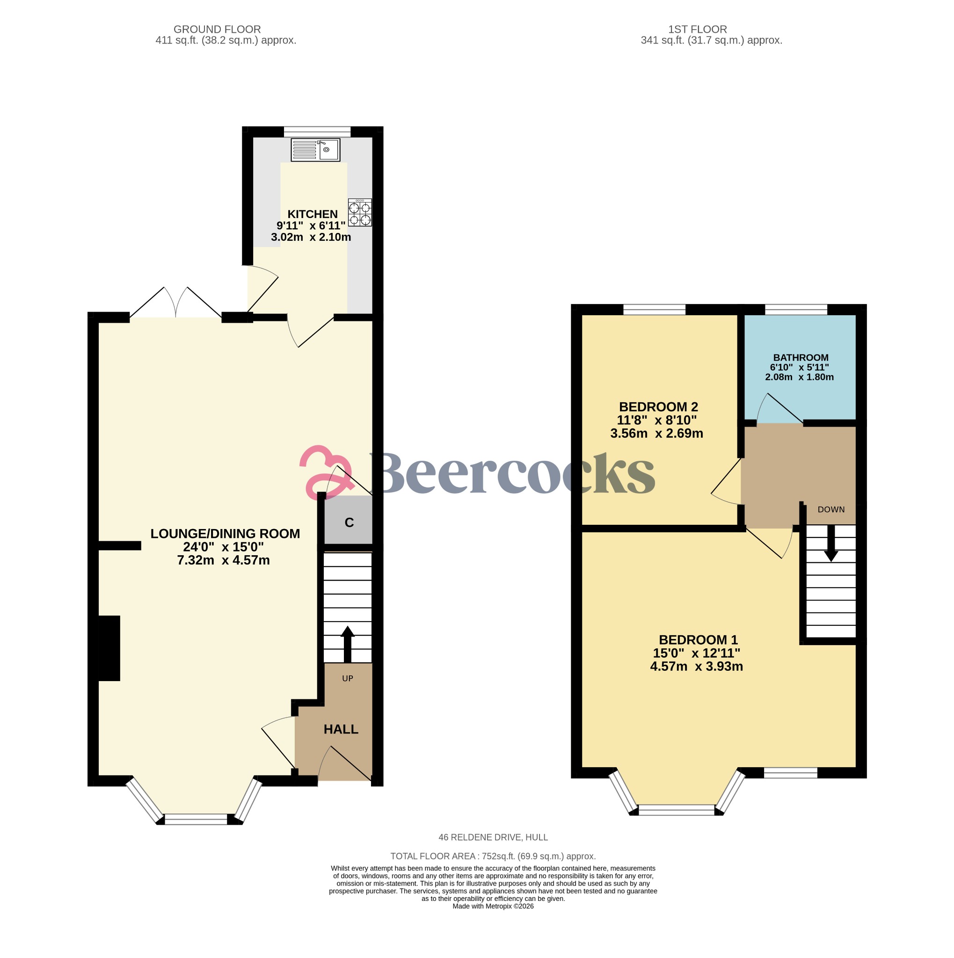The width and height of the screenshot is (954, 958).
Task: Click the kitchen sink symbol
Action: coord(315,150)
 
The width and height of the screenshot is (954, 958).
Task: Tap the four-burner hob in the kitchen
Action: coord(359,213)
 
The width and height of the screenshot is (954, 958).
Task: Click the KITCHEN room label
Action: coord(313,214)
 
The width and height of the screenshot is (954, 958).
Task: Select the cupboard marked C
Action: coord(349,522)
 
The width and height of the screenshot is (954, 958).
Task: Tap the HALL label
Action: coord(341,729)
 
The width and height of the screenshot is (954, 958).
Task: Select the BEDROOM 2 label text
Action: coord(658,406)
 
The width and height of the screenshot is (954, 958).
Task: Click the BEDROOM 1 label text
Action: coord(698,639)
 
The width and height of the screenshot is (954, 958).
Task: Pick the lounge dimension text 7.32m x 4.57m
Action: coord(223,560)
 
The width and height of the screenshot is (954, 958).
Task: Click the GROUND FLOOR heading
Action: coord(217,29)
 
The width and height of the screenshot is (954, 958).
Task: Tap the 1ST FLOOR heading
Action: coord(697,29)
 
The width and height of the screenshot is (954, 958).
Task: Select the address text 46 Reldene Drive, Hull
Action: coord(493,837)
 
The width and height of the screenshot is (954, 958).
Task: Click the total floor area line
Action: coord(493,856)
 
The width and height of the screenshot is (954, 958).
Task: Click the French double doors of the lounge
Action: coord(175,304)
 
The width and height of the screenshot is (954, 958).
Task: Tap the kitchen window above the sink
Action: coord(317,131)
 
